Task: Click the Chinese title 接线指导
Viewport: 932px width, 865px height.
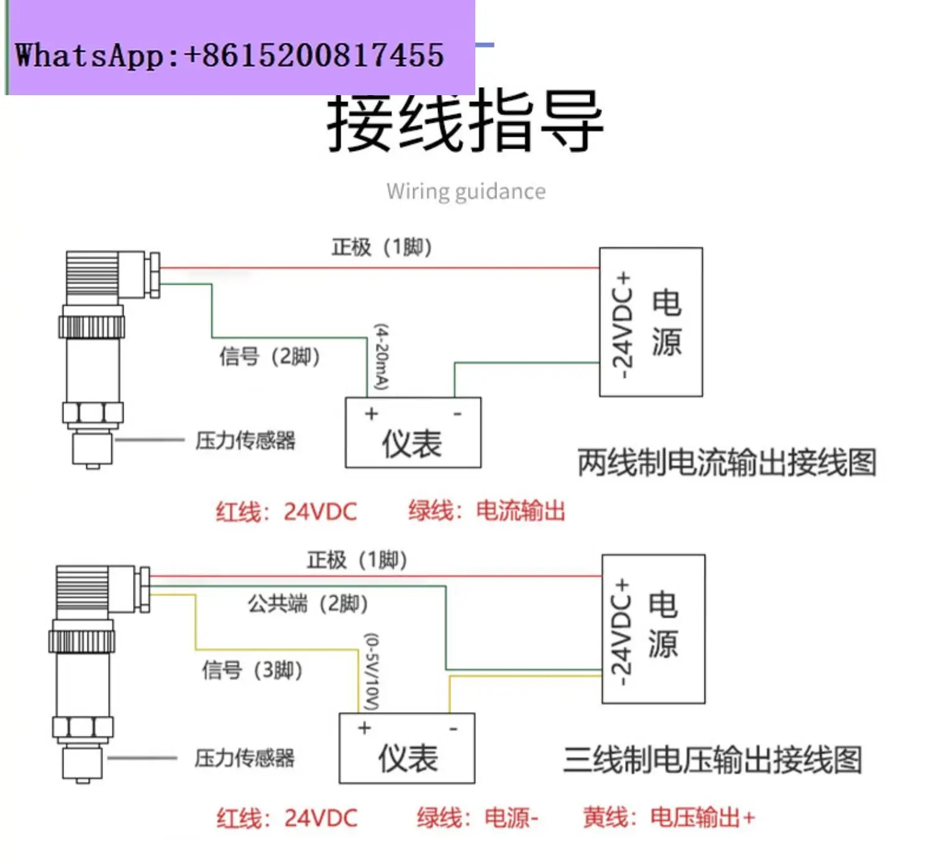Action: pyautogui.click(x=465, y=121)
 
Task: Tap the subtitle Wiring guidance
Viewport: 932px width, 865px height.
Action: pyautogui.click(x=465, y=191)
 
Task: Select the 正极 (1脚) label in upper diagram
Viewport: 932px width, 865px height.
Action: pyautogui.click(x=381, y=247)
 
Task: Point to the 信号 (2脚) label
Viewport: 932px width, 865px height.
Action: pyautogui.click(x=270, y=356)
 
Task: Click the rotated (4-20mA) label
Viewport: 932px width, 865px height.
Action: pyautogui.click(x=381, y=357)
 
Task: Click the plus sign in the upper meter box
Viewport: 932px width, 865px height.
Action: pyautogui.click(x=372, y=414)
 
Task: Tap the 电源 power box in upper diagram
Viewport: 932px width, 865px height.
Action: pyautogui.click(x=651, y=322)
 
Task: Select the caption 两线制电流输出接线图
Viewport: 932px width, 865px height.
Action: pyautogui.click(x=727, y=463)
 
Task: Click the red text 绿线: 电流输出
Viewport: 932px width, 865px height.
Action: pyautogui.click(x=487, y=511)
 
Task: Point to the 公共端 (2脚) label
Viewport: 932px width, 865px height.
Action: pyautogui.click(x=308, y=603)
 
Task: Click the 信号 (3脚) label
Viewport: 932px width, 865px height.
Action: pyautogui.click(x=252, y=670)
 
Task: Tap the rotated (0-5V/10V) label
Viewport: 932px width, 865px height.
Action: pyautogui.click(x=372, y=672)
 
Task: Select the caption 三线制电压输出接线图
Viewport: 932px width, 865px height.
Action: pyautogui.click(x=713, y=760)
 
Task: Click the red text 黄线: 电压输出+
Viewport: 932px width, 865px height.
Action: pyautogui.click(x=669, y=817)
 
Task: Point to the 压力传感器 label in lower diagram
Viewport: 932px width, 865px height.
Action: pyautogui.click(x=244, y=758)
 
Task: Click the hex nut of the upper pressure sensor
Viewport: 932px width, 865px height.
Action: pyautogui.click(x=93, y=413)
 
